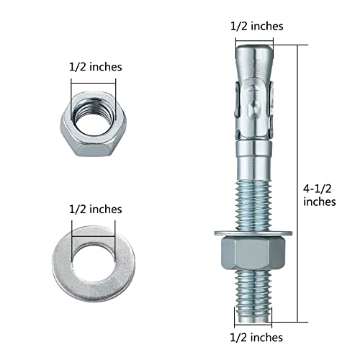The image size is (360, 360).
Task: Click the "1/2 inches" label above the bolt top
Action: tap(256, 25)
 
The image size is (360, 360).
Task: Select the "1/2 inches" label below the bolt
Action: tap(256, 336)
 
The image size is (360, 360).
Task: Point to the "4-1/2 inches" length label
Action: tap(319, 194)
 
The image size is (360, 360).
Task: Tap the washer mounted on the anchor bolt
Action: tap(255, 232)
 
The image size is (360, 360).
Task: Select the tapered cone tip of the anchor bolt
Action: tap(255, 61)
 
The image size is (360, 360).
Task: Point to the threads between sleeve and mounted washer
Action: tap(255, 194)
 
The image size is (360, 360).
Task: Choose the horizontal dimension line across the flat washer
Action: tap(93, 225)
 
